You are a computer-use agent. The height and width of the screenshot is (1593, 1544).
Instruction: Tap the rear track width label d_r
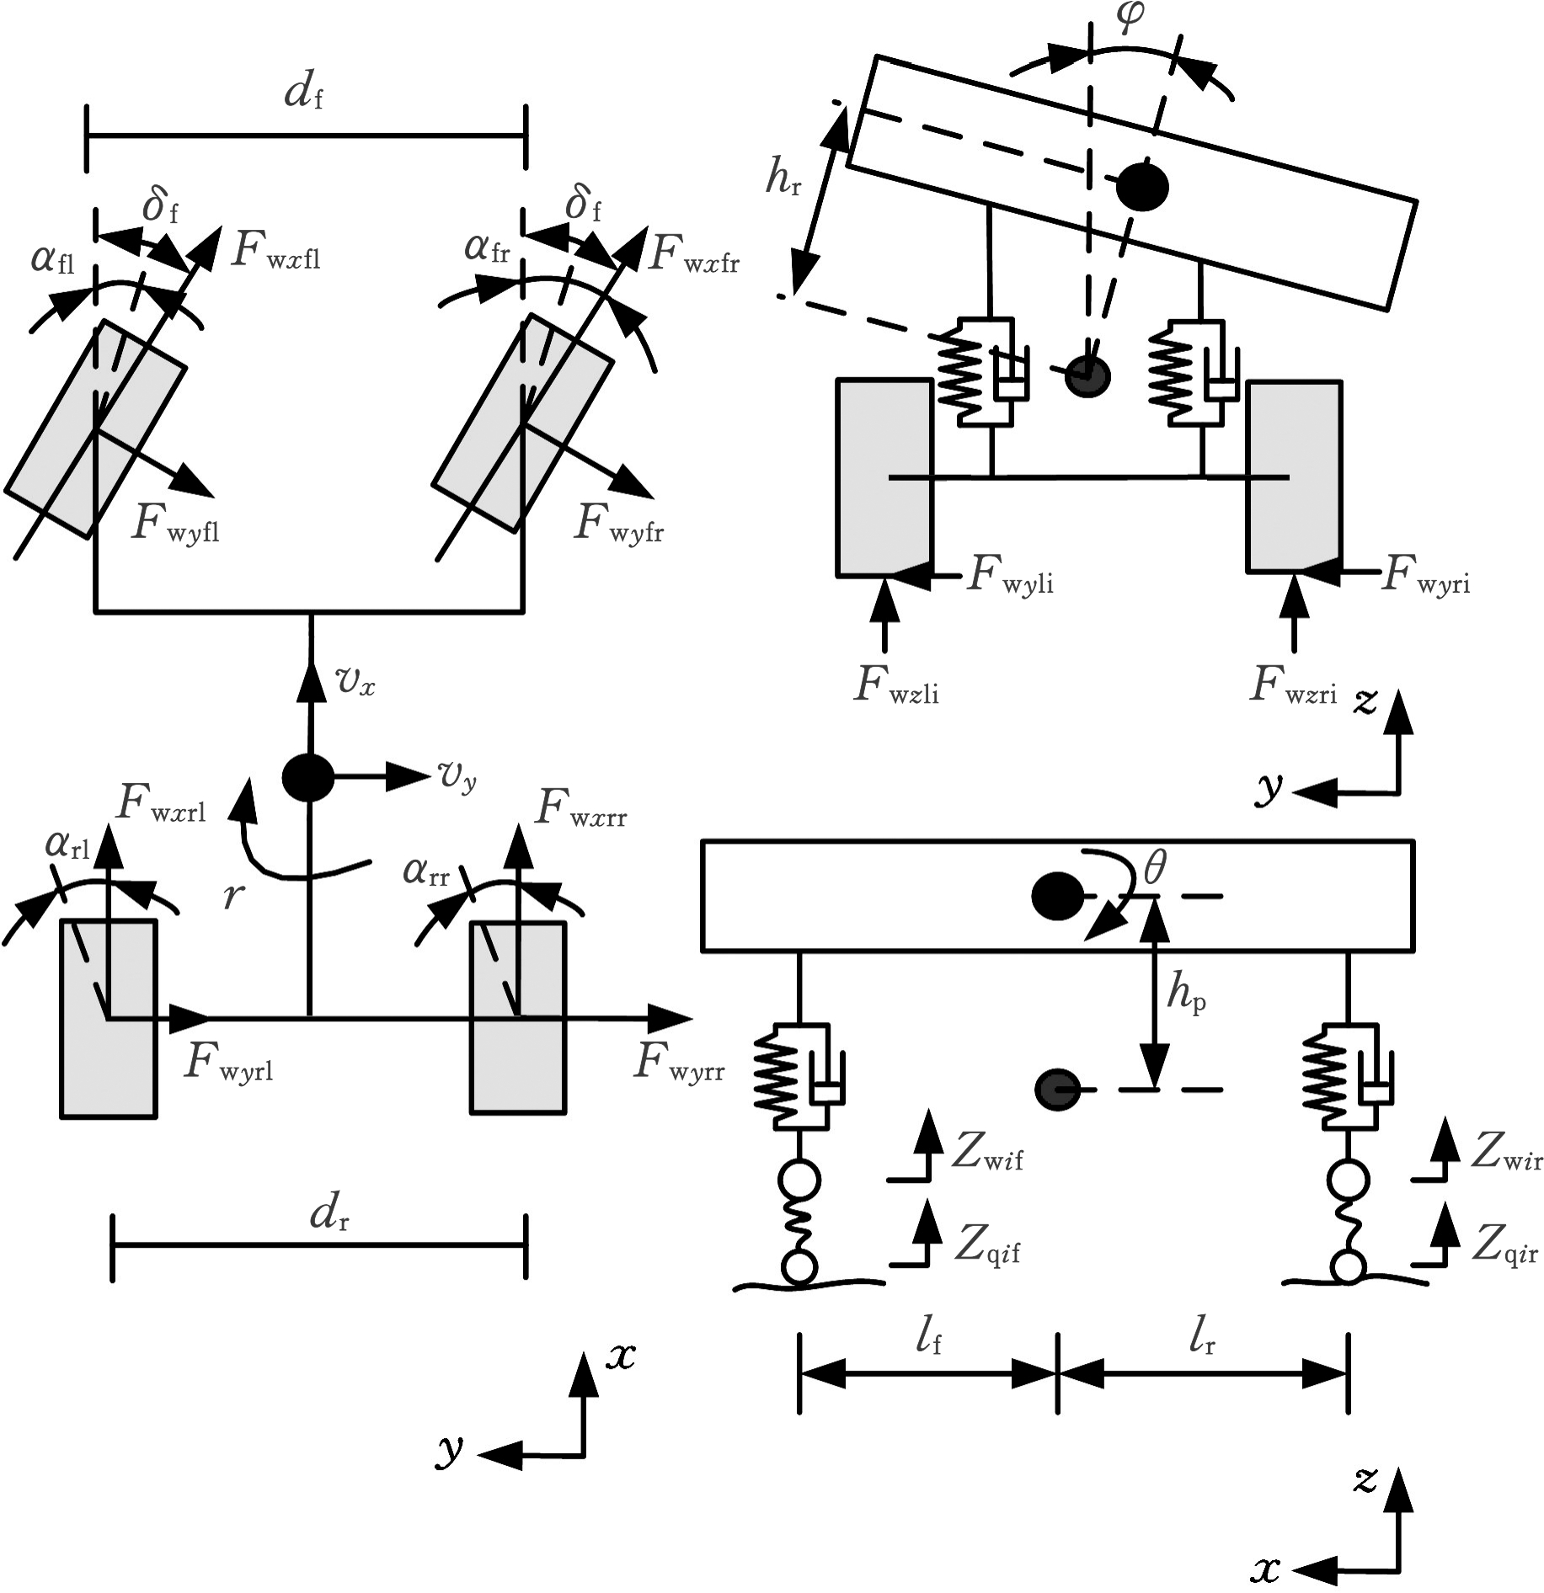(329, 1214)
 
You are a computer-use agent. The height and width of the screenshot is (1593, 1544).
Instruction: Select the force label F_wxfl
(275, 250)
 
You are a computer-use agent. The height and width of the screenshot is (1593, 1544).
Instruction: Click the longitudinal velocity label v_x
(355, 682)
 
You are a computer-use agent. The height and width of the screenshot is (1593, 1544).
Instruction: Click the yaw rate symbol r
(233, 897)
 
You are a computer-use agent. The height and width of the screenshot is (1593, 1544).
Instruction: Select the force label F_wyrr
(679, 1063)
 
